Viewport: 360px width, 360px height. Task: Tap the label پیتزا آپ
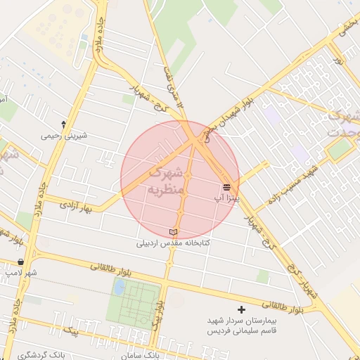[x=227, y=199]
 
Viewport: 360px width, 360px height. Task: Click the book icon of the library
[x=174, y=232]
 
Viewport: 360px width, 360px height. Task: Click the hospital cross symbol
[x=242, y=309]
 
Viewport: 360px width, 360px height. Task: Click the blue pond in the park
[x=120, y=287]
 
